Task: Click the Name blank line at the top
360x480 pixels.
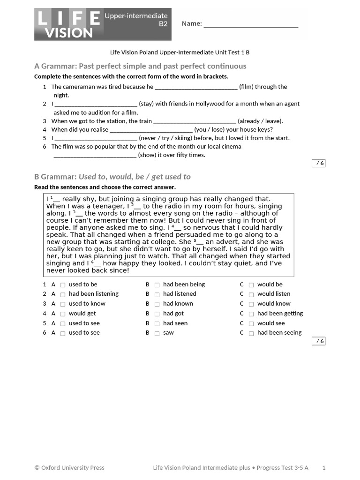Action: click(251, 26)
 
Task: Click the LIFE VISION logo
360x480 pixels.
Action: click(69, 24)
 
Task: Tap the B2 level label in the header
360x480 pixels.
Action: click(163, 24)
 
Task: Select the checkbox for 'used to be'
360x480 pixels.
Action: click(63, 285)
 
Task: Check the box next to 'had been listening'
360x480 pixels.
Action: click(63, 294)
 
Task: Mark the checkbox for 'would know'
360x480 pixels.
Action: click(251, 304)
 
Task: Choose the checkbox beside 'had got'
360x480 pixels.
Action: click(157, 314)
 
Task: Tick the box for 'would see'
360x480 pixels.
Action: click(251, 324)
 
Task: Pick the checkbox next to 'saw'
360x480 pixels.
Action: click(157, 333)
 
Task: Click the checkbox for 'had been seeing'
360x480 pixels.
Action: click(251, 333)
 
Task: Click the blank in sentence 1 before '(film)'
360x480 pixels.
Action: click(196, 87)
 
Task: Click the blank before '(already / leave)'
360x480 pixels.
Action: click(195, 121)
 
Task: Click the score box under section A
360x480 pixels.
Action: click(319, 163)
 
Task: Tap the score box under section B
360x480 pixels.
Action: click(319, 341)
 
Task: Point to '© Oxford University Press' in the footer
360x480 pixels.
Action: click(69, 467)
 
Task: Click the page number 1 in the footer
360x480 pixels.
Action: click(324, 467)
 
